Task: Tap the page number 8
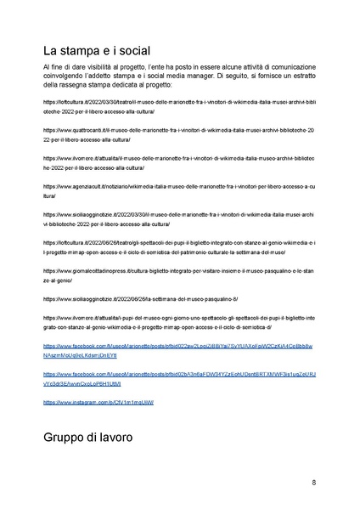pos(314,483)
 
